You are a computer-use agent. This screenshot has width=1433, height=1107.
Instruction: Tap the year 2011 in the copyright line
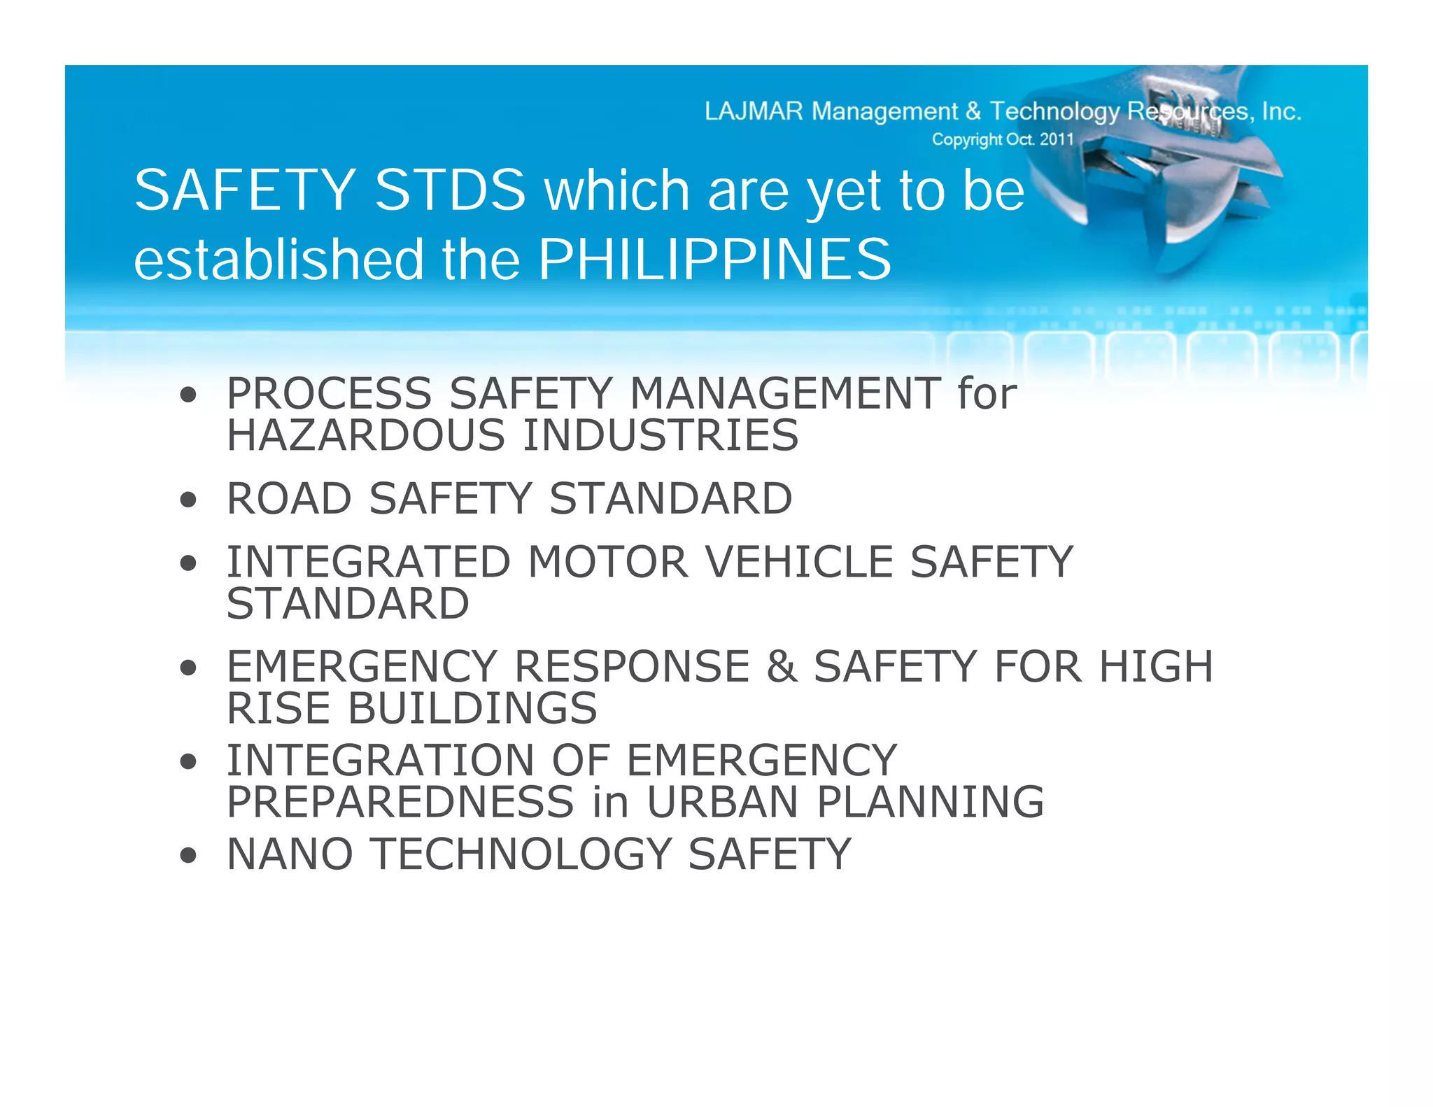pos(1056,139)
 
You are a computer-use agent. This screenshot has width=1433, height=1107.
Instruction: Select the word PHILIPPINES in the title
pos(714,260)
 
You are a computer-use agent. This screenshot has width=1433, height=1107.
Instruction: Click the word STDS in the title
pos(450,190)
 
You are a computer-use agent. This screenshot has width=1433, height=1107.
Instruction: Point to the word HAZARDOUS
pos(366,435)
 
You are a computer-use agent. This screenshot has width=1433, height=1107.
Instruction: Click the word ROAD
pos(289,499)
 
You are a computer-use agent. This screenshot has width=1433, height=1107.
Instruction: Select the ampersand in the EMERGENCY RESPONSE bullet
pos(782,666)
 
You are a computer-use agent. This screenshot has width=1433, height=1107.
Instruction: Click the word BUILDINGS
pos(472,708)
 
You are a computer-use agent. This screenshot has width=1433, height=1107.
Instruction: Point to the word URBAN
pos(722,802)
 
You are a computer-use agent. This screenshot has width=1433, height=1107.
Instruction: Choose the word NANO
pos(290,854)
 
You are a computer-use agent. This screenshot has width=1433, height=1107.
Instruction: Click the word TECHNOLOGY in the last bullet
pos(521,854)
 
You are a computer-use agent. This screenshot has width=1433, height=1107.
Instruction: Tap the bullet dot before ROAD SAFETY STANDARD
pos(188,500)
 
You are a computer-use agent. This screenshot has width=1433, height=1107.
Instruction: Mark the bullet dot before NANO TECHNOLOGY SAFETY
pos(188,855)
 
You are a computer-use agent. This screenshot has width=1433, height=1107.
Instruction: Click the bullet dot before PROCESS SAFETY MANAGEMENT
pos(188,395)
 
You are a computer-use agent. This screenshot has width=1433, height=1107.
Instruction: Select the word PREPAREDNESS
pos(400,802)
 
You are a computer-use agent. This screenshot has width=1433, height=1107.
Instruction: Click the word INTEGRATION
pos(381,761)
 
